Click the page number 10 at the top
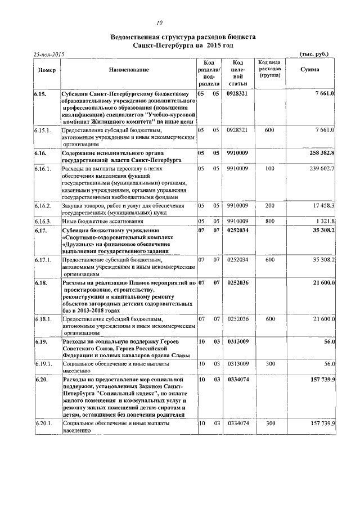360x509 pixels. pyautogui.click(x=160, y=23)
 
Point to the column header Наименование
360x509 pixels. pyautogui.click(x=129, y=69)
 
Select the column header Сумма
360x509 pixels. pyautogui.click(x=309, y=69)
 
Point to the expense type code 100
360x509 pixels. pyautogui.click(x=269, y=168)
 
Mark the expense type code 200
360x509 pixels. pyautogui.click(x=269, y=205)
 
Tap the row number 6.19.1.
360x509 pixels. pyautogui.click(x=43, y=364)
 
